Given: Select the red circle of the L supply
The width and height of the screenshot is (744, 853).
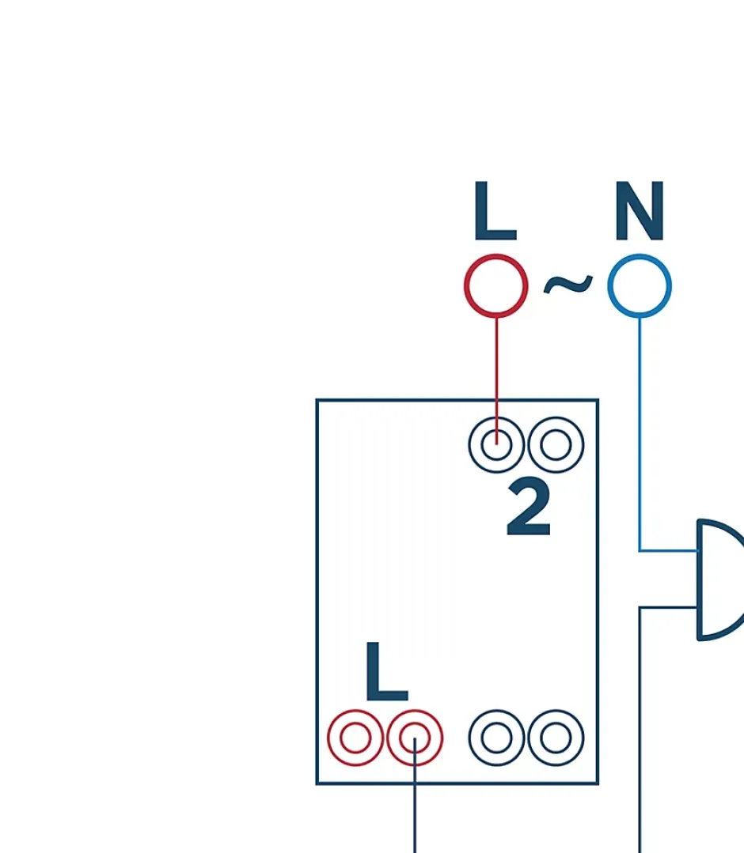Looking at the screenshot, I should pyautogui.click(x=496, y=285).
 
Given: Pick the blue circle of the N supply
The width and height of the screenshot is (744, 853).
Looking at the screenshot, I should pyautogui.click(x=640, y=285).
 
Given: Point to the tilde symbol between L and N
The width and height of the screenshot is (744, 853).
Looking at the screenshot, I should pyautogui.click(x=567, y=284).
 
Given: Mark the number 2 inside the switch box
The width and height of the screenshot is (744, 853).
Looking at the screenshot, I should pyautogui.click(x=528, y=510).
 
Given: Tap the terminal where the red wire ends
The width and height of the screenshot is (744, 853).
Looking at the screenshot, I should pyautogui.click(x=496, y=444).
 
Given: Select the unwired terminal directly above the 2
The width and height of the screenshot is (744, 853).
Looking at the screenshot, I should pyautogui.click(x=556, y=444).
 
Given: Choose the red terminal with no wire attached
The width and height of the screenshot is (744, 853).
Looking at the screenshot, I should pyautogui.click(x=355, y=738).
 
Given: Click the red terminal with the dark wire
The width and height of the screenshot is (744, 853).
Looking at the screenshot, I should pyautogui.click(x=414, y=738).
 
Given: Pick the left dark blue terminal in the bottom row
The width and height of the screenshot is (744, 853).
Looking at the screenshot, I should pyautogui.click(x=496, y=738).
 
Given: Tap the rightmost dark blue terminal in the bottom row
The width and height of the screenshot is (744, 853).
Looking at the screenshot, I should pyautogui.click(x=556, y=738).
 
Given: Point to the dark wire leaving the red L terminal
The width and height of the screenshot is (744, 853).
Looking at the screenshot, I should pyautogui.click(x=414, y=814).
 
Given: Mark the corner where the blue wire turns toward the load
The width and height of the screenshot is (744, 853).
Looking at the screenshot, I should pyautogui.click(x=640, y=550).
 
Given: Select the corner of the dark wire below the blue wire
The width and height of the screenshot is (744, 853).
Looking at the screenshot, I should pyautogui.click(x=640, y=608).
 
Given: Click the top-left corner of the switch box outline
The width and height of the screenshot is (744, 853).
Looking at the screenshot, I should pyautogui.click(x=317, y=401).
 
